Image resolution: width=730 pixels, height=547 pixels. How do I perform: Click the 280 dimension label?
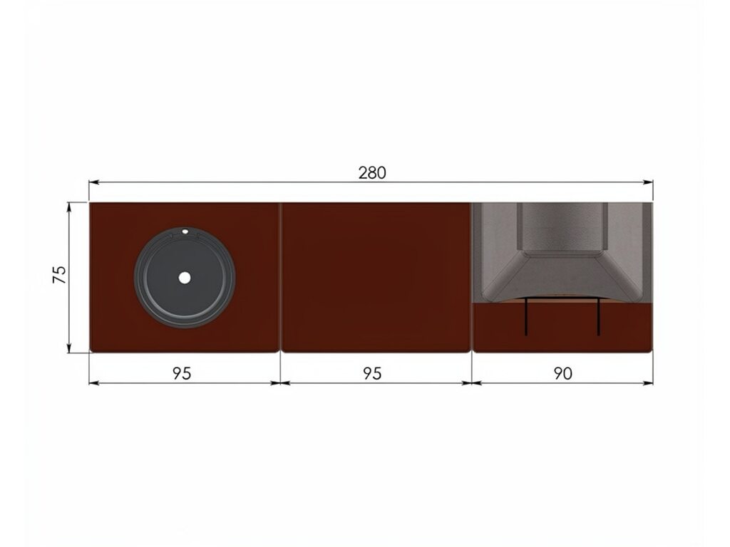click(372, 173)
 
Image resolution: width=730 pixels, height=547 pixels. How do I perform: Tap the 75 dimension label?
click(60, 275)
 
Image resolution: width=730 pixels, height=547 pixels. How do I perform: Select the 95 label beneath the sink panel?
click(182, 373)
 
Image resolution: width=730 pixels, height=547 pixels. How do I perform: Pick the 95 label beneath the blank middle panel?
click(372, 373)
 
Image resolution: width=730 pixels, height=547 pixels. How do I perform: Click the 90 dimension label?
click(563, 373)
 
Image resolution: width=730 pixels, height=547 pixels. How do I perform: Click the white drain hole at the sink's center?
click(185, 278)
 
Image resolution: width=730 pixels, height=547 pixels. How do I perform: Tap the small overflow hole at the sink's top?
click(185, 231)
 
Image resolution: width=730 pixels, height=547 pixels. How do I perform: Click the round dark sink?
click(185, 278)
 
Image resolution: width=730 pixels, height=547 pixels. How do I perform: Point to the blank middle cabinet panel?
click(376, 277)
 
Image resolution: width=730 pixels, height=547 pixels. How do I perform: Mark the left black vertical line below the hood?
click(526, 316)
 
